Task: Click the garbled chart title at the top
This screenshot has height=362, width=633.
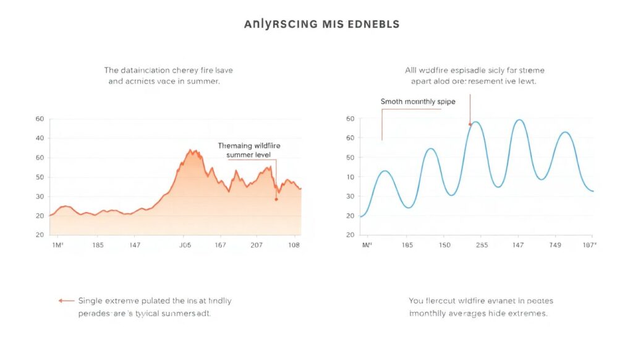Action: click(321, 25)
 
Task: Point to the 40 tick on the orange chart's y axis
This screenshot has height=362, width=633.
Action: click(40, 138)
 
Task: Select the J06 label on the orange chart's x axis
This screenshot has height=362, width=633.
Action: click(185, 246)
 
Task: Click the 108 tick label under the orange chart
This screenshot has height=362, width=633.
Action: click(294, 246)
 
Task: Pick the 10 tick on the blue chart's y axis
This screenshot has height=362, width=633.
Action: click(350, 177)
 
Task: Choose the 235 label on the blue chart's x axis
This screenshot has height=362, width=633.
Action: click(482, 246)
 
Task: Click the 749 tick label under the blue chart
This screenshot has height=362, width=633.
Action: click(555, 246)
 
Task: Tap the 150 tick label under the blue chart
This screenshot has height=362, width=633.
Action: click(444, 246)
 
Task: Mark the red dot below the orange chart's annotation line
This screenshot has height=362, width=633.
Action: click(276, 199)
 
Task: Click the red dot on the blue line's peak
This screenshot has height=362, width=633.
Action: click(470, 124)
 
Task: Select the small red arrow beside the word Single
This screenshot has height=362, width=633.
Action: click(66, 301)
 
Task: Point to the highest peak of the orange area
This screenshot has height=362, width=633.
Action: click(191, 150)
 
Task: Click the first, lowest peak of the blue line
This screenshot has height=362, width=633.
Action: click(384, 171)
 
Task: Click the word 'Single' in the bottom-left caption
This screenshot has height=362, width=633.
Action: click(91, 301)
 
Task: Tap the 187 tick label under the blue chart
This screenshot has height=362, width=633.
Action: click(589, 246)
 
